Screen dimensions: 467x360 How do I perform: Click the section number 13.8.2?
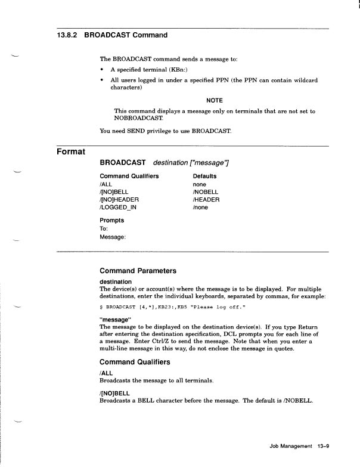[x=62, y=35]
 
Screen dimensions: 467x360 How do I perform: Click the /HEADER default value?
[x=206, y=199]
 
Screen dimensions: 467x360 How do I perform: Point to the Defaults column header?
[x=204, y=177]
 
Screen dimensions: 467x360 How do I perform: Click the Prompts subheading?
[x=111, y=220]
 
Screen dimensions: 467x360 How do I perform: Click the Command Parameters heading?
[x=138, y=271]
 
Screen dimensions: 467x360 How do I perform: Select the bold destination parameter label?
[x=116, y=282]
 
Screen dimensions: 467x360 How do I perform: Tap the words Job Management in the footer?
[x=290, y=446]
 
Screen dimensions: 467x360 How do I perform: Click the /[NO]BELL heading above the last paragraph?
[x=116, y=393]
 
